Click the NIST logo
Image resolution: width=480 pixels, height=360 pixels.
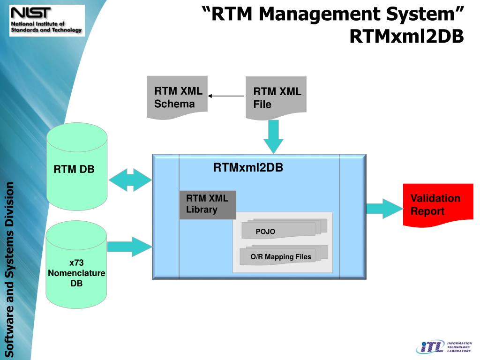46,21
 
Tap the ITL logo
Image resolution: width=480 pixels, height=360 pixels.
443,346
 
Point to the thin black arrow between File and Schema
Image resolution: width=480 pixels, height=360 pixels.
226,96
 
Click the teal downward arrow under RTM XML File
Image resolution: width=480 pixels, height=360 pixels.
274,136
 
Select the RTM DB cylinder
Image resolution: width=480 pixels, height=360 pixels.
77,166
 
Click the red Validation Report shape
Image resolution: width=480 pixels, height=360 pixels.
438,205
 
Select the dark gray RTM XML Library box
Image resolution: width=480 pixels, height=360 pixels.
207,204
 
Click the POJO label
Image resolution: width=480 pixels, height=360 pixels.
265,232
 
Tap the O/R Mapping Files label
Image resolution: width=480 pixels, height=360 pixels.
280,257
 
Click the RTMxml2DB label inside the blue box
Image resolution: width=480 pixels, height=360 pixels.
248,168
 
